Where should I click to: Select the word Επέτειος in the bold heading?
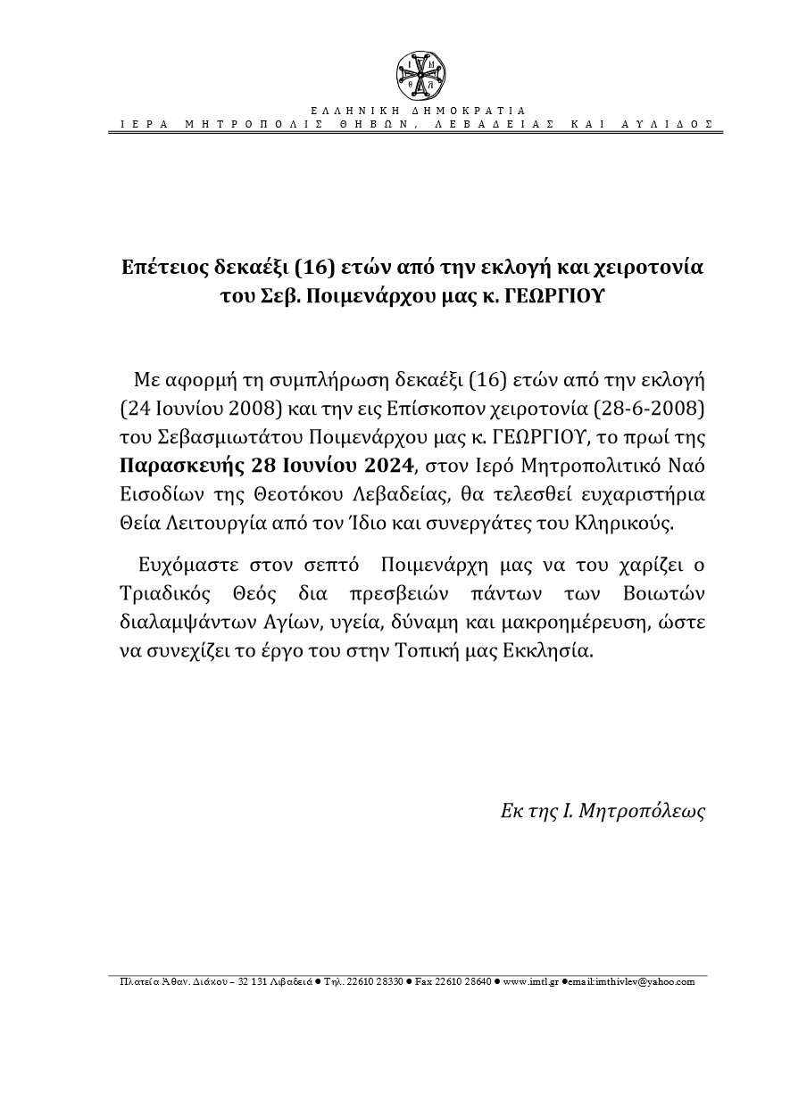[163, 267]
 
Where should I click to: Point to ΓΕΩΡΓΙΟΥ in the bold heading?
[559, 297]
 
